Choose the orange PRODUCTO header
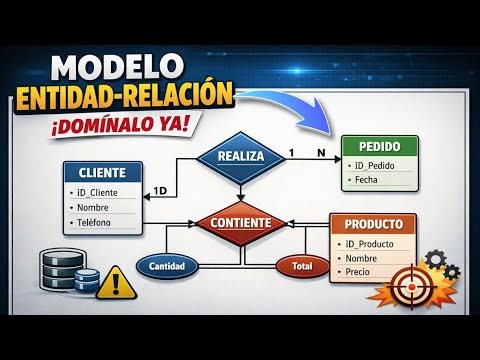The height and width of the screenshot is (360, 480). pyautogui.click(x=375, y=224)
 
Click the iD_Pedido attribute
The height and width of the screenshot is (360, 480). pyautogui.click(x=376, y=165)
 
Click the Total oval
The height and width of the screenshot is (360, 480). pyautogui.click(x=302, y=266)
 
